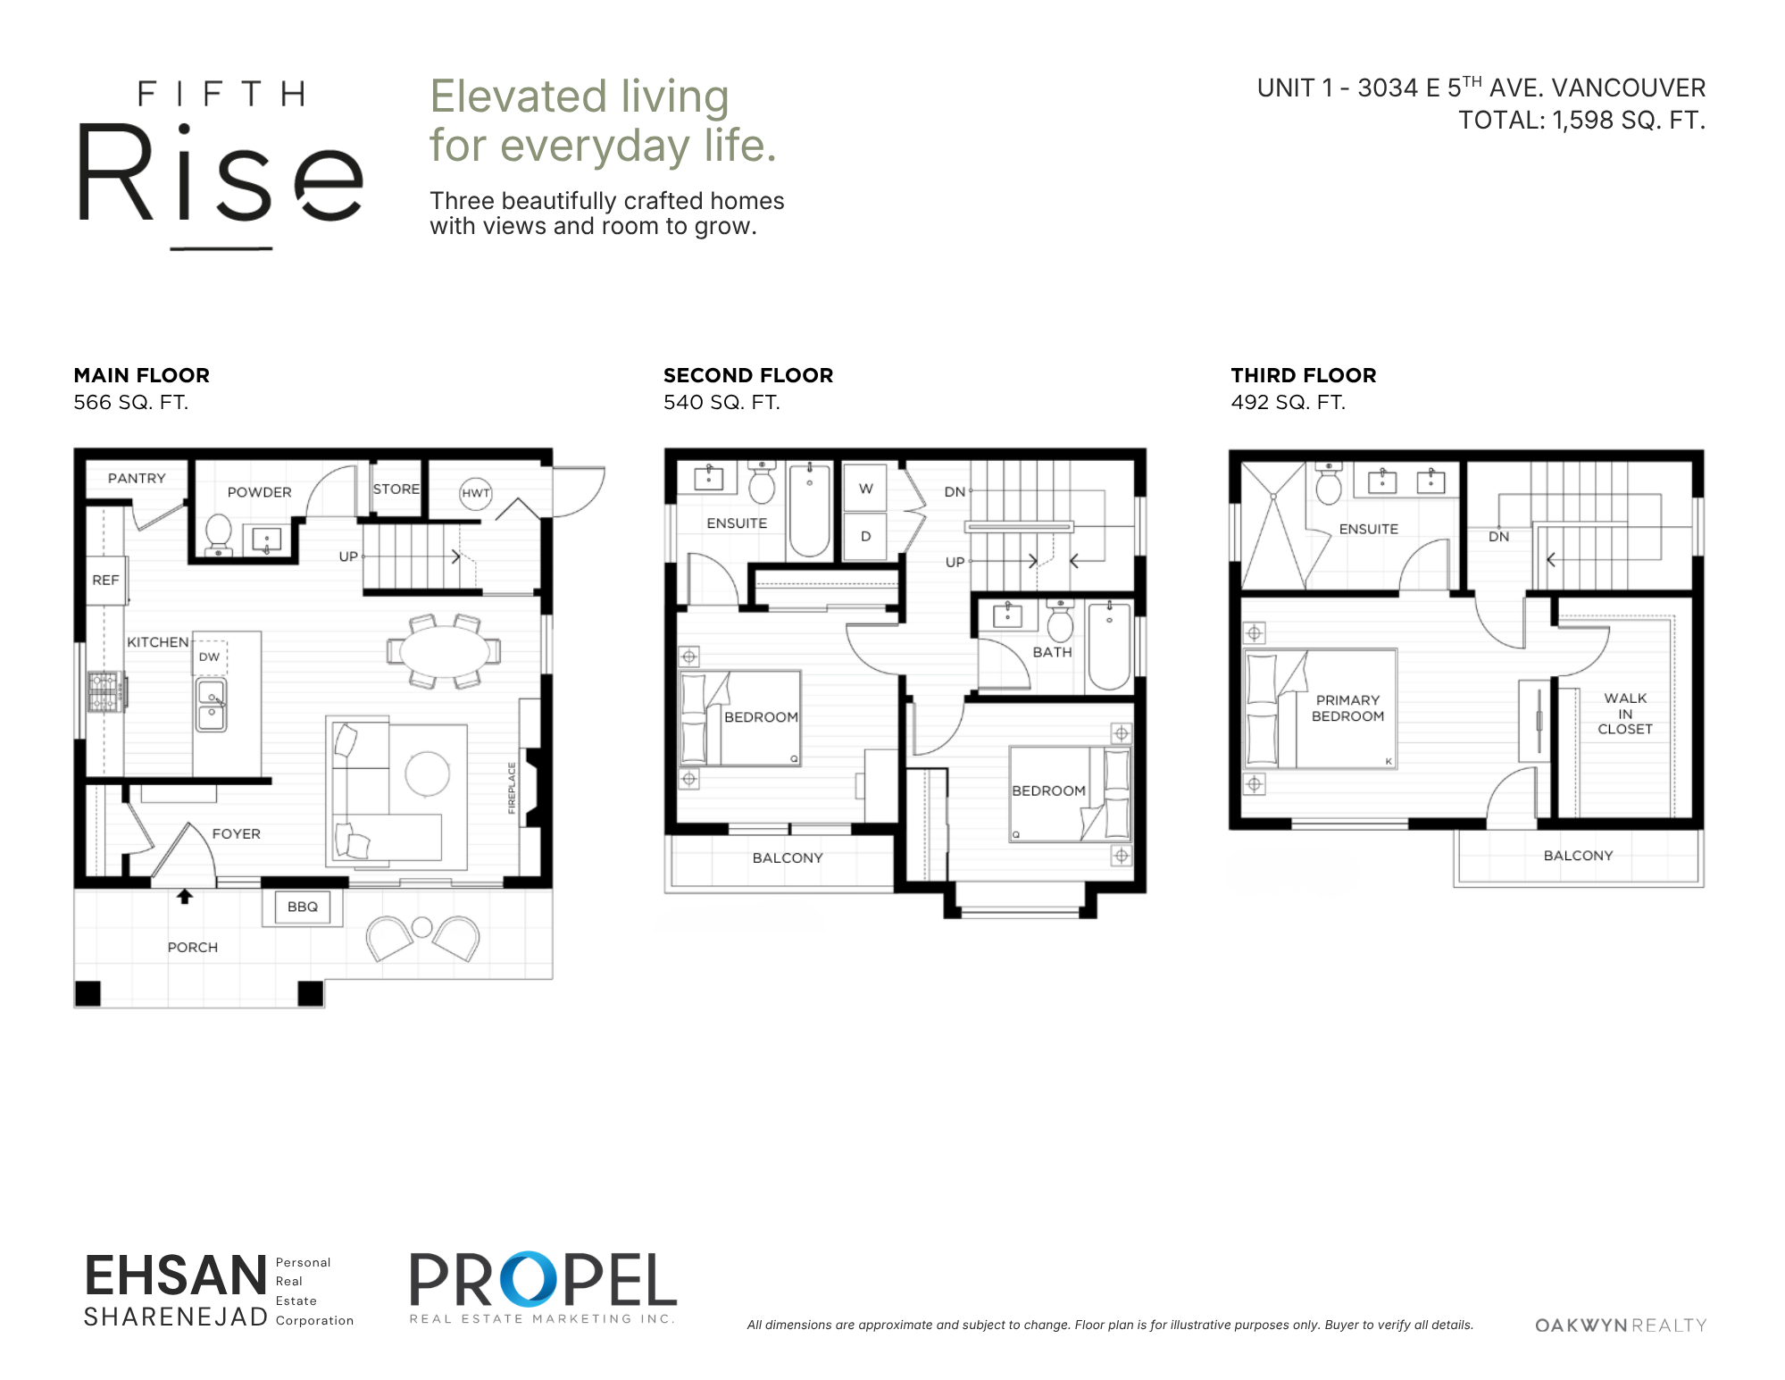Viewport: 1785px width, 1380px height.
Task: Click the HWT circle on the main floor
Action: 476,493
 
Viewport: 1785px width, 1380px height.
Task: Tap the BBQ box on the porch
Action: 303,907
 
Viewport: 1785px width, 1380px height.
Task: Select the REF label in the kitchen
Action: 105,580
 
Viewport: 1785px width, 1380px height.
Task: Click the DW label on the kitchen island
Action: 209,657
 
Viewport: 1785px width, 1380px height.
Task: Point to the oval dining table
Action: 444,651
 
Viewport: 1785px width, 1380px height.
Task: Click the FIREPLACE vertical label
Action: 512,788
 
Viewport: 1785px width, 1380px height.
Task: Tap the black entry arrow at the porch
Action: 185,896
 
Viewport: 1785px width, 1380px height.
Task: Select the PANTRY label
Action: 137,478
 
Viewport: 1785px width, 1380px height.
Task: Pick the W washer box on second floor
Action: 865,488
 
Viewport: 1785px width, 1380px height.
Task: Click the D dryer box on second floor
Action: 865,536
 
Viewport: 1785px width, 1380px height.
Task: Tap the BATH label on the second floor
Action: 1052,652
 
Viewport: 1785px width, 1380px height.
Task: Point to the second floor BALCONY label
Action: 788,857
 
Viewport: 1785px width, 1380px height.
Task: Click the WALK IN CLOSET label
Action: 1625,714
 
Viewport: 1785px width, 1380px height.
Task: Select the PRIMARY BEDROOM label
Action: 1347,708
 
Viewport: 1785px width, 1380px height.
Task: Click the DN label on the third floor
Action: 1498,537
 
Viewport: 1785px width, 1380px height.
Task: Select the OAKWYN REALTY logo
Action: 1621,1326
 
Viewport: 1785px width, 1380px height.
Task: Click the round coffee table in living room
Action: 427,774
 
